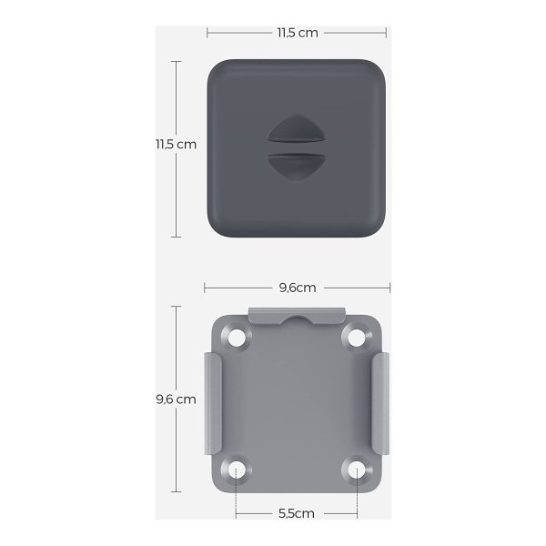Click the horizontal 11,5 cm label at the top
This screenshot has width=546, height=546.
tap(298, 33)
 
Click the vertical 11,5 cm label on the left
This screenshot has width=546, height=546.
tap(176, 144)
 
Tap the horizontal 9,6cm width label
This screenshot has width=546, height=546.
tap(298, 288)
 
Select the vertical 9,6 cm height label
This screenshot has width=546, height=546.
tap(176, 399)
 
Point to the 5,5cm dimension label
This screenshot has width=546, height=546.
tap(297, 513)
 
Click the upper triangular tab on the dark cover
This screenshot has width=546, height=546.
tap(296, 129)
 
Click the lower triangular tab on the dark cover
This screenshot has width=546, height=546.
tap(296, 167)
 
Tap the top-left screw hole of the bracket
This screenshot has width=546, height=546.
tap(236, 337)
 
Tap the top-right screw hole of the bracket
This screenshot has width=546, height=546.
tap(356, 337)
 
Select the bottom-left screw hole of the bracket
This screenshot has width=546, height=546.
tap(236, 470)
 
